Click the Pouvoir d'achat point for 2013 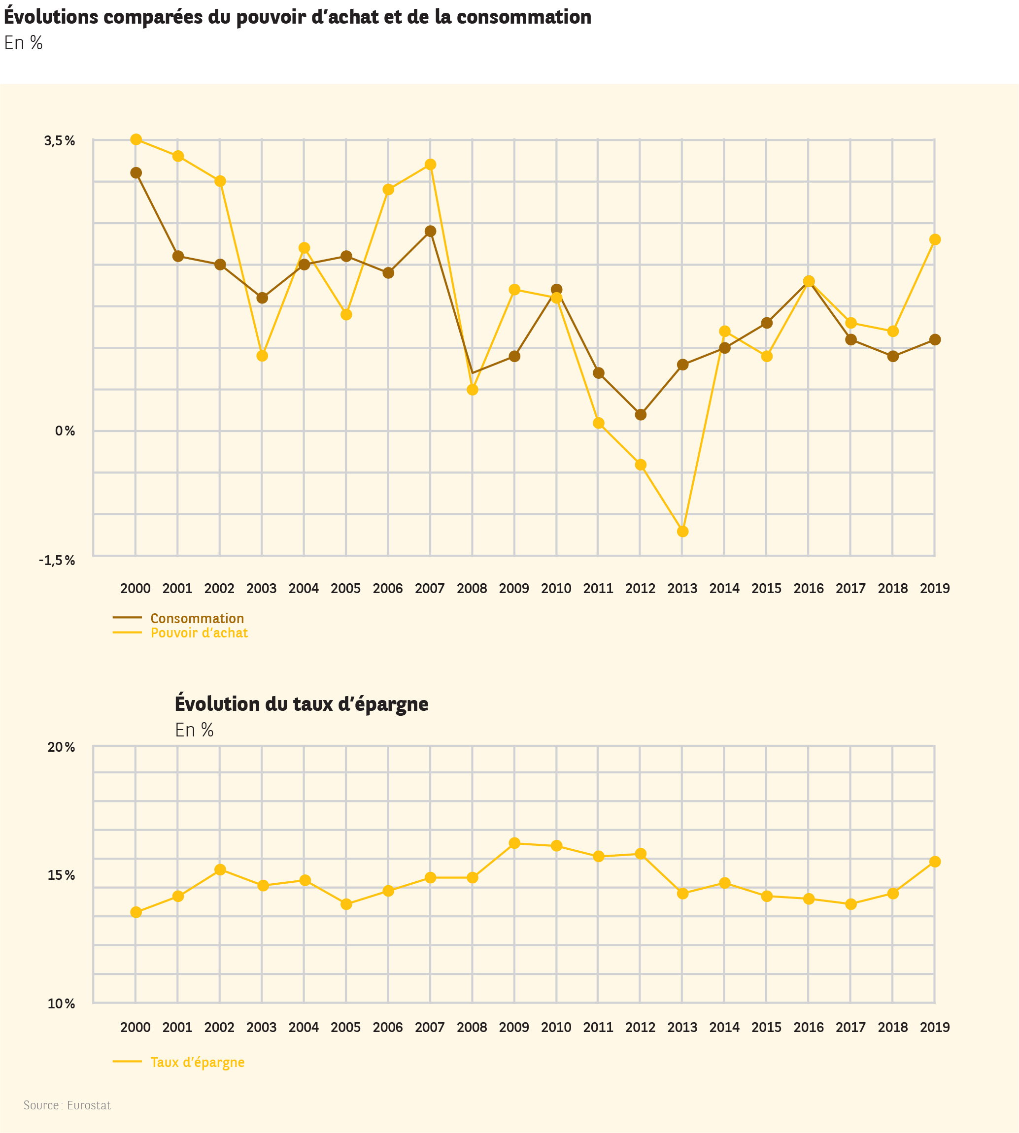coord(682,531)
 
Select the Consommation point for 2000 coord(136,173)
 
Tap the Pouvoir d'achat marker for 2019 coord(934,239)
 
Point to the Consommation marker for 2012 coord(641,415)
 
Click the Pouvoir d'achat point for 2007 coord(430,165)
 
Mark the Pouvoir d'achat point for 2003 coord(262,356)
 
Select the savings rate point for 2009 coord(514,843)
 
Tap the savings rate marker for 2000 coord(136,912)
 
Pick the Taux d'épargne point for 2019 coord(934,862)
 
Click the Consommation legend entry coord(197,618)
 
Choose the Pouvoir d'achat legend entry coord(199,633)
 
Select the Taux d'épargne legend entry coord(197,1062)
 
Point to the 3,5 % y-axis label coord(59,141)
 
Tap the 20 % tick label coord(61,747)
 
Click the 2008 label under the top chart coord(472,588)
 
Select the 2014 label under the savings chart coord(724,1027)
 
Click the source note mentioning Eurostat coord(67,1105)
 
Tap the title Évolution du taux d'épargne coord(301,703)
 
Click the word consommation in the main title coord(523,17)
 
